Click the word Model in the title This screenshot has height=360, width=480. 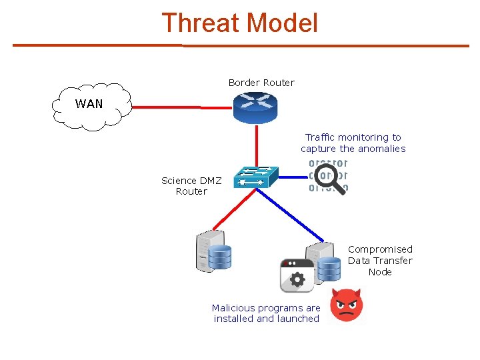282,23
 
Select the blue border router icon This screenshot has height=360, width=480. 255,107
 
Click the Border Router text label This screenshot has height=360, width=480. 261,83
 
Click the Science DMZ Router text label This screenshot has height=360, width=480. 191,186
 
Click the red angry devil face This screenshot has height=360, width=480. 347,305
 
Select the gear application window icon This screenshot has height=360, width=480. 297,275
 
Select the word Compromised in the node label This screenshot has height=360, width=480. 380,249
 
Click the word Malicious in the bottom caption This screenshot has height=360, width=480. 233,308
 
